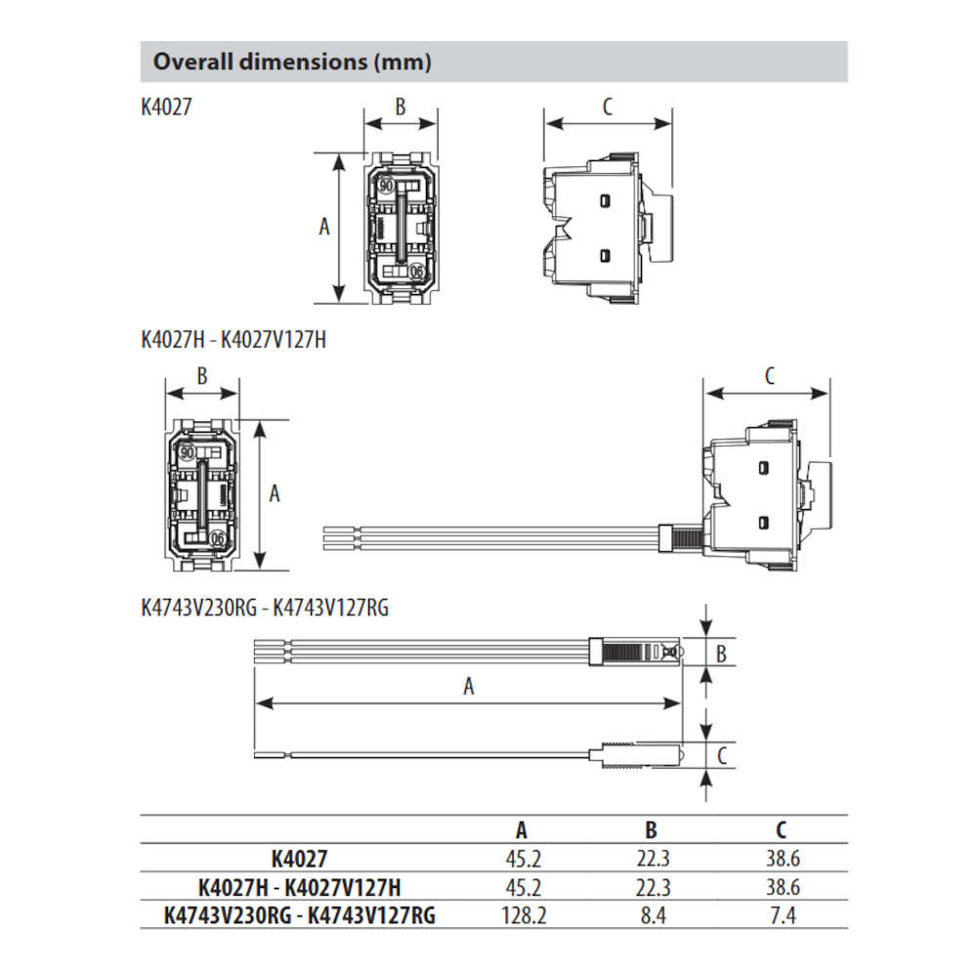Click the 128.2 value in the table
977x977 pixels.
click(521, 915)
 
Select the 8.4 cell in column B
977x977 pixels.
click(651, 915)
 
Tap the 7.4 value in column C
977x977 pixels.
click(781, 915)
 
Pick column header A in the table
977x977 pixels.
click(522, 830)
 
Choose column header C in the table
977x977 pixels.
click(781, 830)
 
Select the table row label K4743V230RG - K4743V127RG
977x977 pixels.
click(300, 915)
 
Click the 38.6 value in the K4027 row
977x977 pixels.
click(781, 860)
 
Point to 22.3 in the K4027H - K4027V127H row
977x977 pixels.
click(651, 887)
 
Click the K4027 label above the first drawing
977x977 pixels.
click(166, 106)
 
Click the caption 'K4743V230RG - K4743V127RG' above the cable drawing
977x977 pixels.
click(265, 608)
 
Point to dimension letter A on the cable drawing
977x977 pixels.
click(469, 687)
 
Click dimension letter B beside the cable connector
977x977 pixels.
click(721, 653)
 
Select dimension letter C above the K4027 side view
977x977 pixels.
click(607, 106)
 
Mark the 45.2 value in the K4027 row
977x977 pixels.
click(521, 860)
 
